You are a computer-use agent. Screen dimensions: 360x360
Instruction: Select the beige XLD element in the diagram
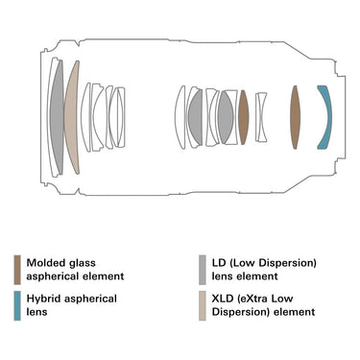click(x=72, y=117)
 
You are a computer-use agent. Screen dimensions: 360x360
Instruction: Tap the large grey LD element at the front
click(x=58, y=117)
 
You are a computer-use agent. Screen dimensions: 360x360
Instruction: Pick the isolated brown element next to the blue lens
click(x=295, y=117)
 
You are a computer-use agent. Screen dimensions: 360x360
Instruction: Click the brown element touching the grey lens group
click(x=244, y=117)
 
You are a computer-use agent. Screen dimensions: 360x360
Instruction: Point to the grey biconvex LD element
click(x=226, y=117)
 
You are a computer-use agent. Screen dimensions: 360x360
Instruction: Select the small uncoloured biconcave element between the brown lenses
click(x=261, y=117)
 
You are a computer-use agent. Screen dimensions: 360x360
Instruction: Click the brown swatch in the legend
click(x=17, y=270)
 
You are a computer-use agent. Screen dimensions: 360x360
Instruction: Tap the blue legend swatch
click(x=17, y=305)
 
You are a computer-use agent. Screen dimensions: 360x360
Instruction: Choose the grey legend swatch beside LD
click(x=203, y=270)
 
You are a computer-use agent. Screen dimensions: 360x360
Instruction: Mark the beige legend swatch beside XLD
click(x=203, y=305)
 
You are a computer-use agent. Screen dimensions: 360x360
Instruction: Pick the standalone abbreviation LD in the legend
click(x=219, y=263)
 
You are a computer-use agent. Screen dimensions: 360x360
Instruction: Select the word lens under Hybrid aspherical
click(x=36, y=312)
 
